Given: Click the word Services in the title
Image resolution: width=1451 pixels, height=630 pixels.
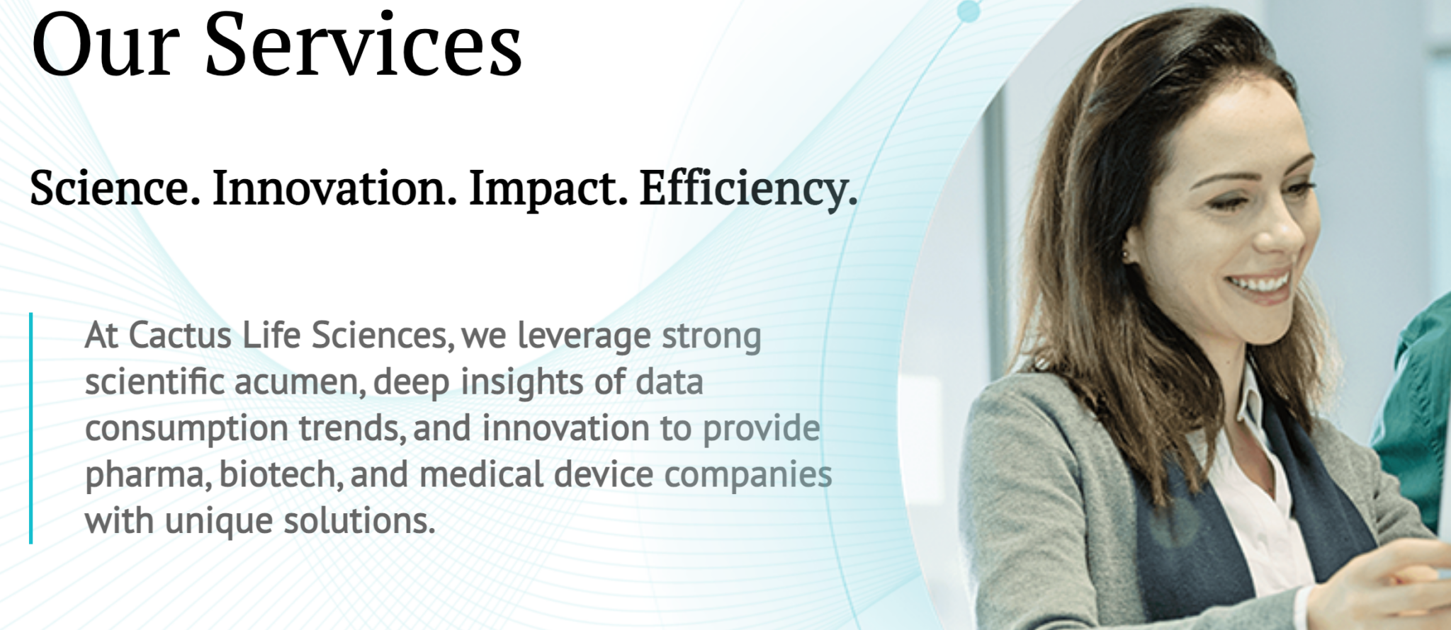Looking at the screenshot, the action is coord(363,44).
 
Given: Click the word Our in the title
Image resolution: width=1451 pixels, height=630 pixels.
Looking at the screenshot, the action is coord(105,44).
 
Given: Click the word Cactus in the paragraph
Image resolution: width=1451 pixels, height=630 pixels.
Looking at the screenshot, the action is coord(180,336).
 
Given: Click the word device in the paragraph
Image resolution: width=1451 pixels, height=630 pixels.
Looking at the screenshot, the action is coord(604,474).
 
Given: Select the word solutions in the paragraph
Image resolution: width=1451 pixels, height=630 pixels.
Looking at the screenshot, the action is coord(359,521).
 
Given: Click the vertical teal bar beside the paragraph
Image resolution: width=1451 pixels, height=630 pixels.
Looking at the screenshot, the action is coord(31,428).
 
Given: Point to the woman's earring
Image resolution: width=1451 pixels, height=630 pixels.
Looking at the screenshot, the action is coord(1126,253).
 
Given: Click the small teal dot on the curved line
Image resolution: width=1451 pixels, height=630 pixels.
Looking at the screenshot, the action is coord(969,11).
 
